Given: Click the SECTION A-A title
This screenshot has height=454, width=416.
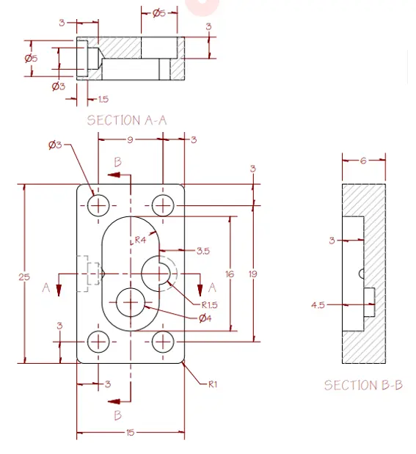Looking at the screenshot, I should pos(126,120).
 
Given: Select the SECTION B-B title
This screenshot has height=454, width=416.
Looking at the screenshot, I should pos(363,385).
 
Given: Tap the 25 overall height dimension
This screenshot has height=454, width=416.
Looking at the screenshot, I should pos(24,277).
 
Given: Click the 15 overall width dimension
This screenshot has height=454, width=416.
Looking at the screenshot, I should pos(130,433).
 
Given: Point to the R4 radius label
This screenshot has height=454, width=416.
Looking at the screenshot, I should pos(140,240).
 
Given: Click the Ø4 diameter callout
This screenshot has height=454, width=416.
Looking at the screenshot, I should pos(205,318).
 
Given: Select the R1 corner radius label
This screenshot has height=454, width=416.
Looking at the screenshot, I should pos(213,383).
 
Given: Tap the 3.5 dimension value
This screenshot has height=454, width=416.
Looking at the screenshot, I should pos(203,251).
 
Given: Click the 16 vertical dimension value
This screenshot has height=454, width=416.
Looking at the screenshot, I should pos(230,274).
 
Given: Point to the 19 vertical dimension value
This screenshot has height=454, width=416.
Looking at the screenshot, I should pos(252,274).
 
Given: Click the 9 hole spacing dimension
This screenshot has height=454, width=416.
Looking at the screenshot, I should pos(130,139).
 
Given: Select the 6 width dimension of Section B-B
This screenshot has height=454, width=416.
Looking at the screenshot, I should pos(363,161).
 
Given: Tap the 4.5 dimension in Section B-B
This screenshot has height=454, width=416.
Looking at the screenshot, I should pos(318,304).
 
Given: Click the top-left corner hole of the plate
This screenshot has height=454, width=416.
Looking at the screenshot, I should pos(98,205).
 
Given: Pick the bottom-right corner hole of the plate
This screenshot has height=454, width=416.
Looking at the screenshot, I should pos(162,341).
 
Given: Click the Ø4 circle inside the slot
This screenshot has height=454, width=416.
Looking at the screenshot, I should pos(131,301).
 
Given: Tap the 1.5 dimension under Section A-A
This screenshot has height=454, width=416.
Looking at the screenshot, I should pos(103,100).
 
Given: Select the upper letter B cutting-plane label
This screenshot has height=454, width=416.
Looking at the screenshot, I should pos(117,161).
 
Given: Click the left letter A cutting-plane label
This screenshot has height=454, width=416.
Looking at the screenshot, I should pos(45,288).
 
